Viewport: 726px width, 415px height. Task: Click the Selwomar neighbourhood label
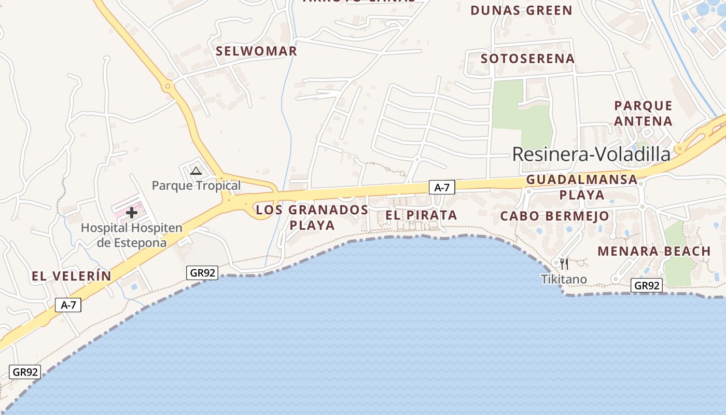pos(256,51)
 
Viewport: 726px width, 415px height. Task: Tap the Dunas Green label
pos(521,10)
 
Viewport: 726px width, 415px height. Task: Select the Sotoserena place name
pos(527,59)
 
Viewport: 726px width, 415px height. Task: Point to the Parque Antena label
pos(643,114)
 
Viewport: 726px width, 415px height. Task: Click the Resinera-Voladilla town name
pos(591,154)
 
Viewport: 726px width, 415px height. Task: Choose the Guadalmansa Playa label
pos(581,187)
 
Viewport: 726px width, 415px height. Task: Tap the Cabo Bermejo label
pos(555,216)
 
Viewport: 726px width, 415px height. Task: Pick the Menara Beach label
pos(654,251)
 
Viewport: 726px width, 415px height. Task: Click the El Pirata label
pos(421,215)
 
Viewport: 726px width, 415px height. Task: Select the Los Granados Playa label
pos(312,217)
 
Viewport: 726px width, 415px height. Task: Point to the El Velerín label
pos(72,276)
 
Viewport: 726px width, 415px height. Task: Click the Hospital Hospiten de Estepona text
pos(132,235)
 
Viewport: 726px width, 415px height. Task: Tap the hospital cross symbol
pos(132,212)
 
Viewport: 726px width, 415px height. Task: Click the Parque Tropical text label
pos(196,185)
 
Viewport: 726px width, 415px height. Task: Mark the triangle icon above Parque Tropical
pos(196,171)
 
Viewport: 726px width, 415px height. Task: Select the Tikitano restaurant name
pos(564,280)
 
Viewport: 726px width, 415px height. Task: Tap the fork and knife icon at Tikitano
pos(564,264)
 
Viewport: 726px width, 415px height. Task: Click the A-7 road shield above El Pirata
pos(442,188)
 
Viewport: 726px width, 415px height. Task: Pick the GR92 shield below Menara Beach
pos(647,285)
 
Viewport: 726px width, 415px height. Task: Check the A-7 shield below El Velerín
pos(68,305)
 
